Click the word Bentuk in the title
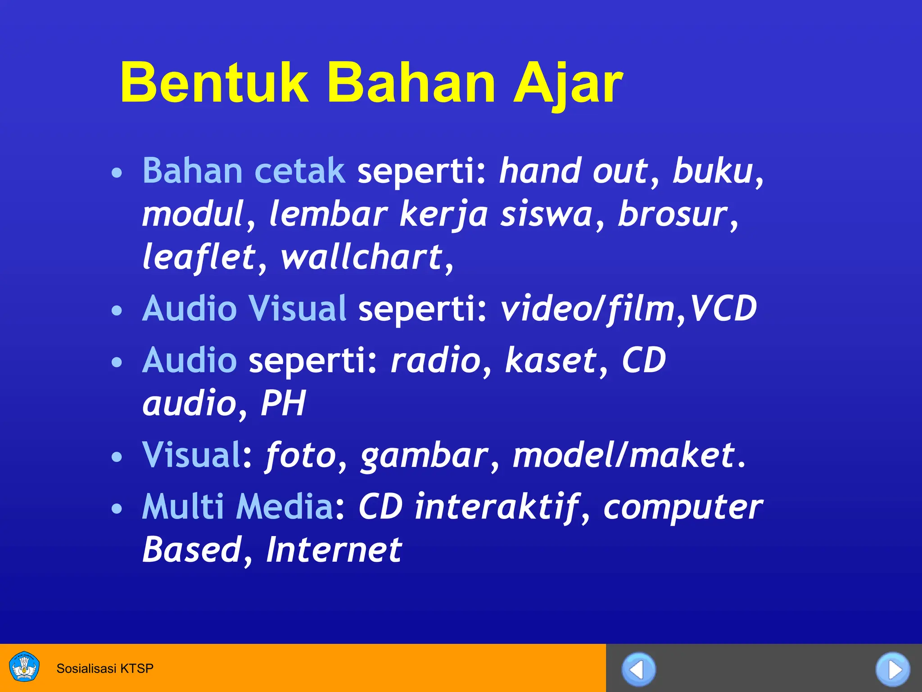(x=214, y=83)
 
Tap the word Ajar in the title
(x=568, y=84)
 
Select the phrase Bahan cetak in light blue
(x=244, y=171)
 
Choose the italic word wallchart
(x=362, y=257)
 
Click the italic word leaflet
(x=199, y=257)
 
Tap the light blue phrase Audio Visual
(x=244, y=309)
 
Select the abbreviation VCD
(x=723, y=309)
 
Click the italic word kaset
(x=551, y=360)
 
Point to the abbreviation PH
(x=283, y=403)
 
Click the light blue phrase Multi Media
(x=238, y=506)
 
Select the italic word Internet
(x=334, y=550)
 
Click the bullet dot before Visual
(x=117, y=457)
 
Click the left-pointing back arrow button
(x=638, y=669)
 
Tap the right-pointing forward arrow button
(x=893, y=669)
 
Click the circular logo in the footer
(x=24, y=667)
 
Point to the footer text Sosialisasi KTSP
(x=105, y=668)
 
